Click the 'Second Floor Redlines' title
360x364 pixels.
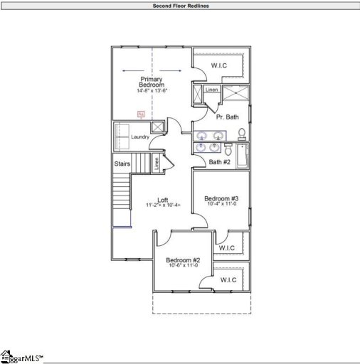tap(180, 6)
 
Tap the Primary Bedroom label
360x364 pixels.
tap(152, 82)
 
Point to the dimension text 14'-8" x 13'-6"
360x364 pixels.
tap(152, 91)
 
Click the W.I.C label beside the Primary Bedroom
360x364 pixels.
tap(218, 66)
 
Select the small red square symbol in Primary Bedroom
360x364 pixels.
tap(141, 114)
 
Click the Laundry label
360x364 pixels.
tap(139, 136)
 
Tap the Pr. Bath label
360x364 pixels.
tap(227, 117)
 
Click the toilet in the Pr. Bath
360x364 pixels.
tap(242, 133)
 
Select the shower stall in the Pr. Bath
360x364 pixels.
tap(235, 94)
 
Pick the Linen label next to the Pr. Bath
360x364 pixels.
tap(211, 90)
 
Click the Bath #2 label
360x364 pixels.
tap(220, 162)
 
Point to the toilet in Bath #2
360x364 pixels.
tap(228, 149)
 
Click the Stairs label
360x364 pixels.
tap(122, 164)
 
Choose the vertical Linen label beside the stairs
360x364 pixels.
tap(157, 164)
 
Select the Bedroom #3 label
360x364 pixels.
tap(221, 198)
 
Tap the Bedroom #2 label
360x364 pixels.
tap(183, 260)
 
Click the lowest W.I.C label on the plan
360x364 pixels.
tap(228, 280)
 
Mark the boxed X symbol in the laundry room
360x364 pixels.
tap(158, 127)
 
